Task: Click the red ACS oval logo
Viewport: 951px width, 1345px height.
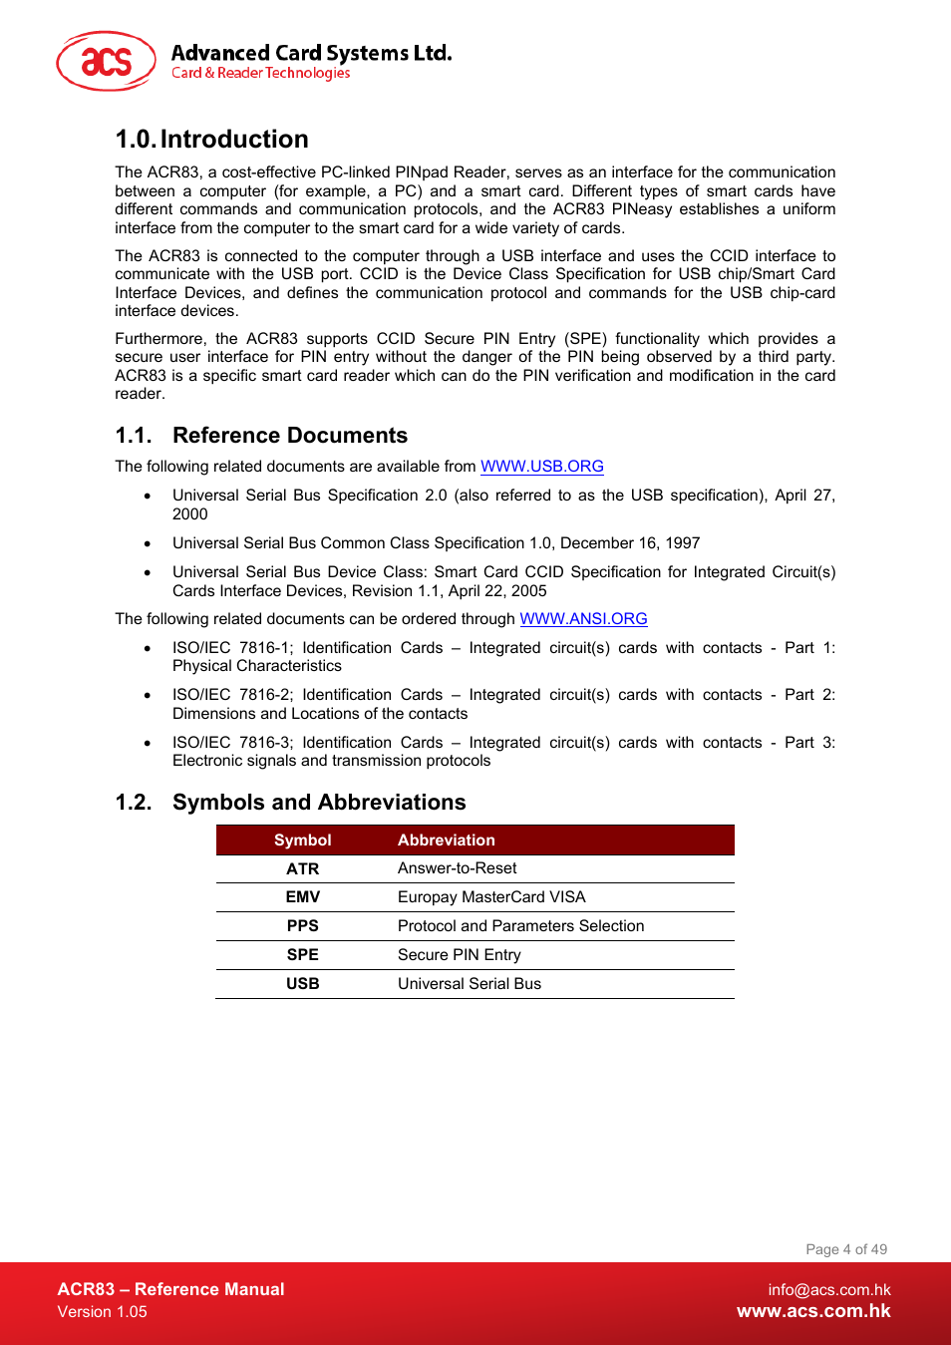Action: [106, 61]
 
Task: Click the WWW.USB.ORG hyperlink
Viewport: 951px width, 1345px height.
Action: [541, 467]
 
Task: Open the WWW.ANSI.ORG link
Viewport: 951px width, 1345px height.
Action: [583, 619]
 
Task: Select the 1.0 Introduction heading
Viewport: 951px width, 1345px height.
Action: [211, 140]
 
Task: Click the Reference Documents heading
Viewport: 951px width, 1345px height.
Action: [289, 436]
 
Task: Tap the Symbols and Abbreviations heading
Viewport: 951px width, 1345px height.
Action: [318, 803]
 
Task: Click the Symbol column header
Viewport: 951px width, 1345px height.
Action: [302, 841]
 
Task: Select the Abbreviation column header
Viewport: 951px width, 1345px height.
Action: [446, 841]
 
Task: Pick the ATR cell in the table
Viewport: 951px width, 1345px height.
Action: [302, 869]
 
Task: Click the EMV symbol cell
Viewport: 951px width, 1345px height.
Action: [302, 897]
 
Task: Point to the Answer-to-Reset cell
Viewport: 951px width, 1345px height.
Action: [457, 868]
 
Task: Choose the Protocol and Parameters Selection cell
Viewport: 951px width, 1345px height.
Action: [520, 926]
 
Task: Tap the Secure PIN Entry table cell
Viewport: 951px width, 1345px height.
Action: [459, 955]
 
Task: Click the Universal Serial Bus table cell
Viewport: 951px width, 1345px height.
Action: [469, 984]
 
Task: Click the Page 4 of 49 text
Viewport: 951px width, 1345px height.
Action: [845, 1249]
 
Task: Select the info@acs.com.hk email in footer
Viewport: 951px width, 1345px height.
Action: [828, 1290]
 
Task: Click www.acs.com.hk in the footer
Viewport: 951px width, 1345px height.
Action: [813, 1312]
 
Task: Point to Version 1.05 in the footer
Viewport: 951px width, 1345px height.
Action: [102, 1312]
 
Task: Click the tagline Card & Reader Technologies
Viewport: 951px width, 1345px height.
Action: [260, 74]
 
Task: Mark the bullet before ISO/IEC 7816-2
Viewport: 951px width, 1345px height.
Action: [148, 696]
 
